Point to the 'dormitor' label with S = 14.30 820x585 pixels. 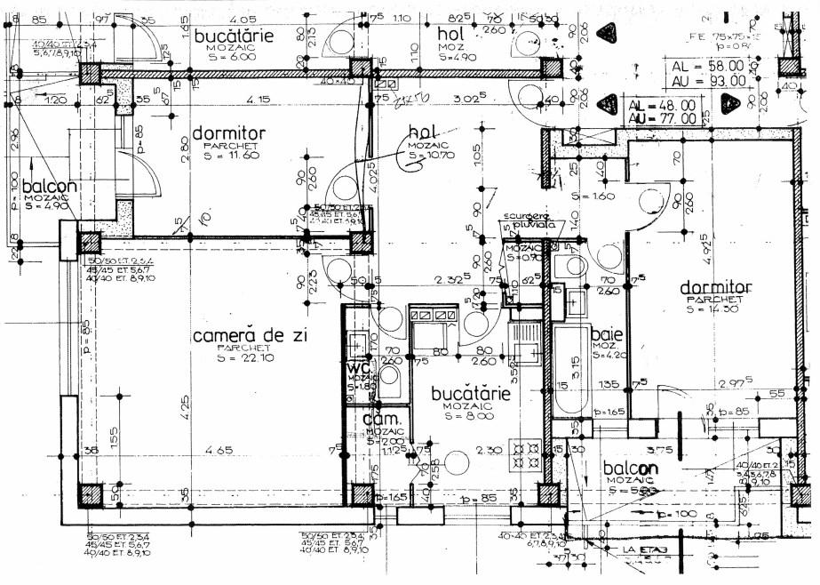pos(716,288)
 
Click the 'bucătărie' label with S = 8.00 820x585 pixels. pos(470,392)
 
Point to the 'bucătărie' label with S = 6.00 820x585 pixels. pos(234,35)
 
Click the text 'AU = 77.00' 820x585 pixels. pos(662,117)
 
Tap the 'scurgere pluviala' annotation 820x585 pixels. pos(529,220)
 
